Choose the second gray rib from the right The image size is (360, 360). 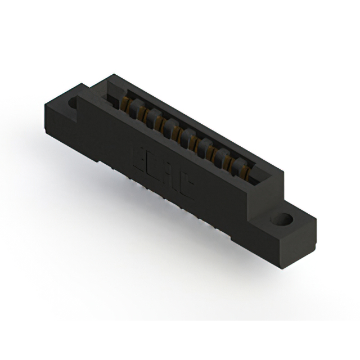click(224, 155)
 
